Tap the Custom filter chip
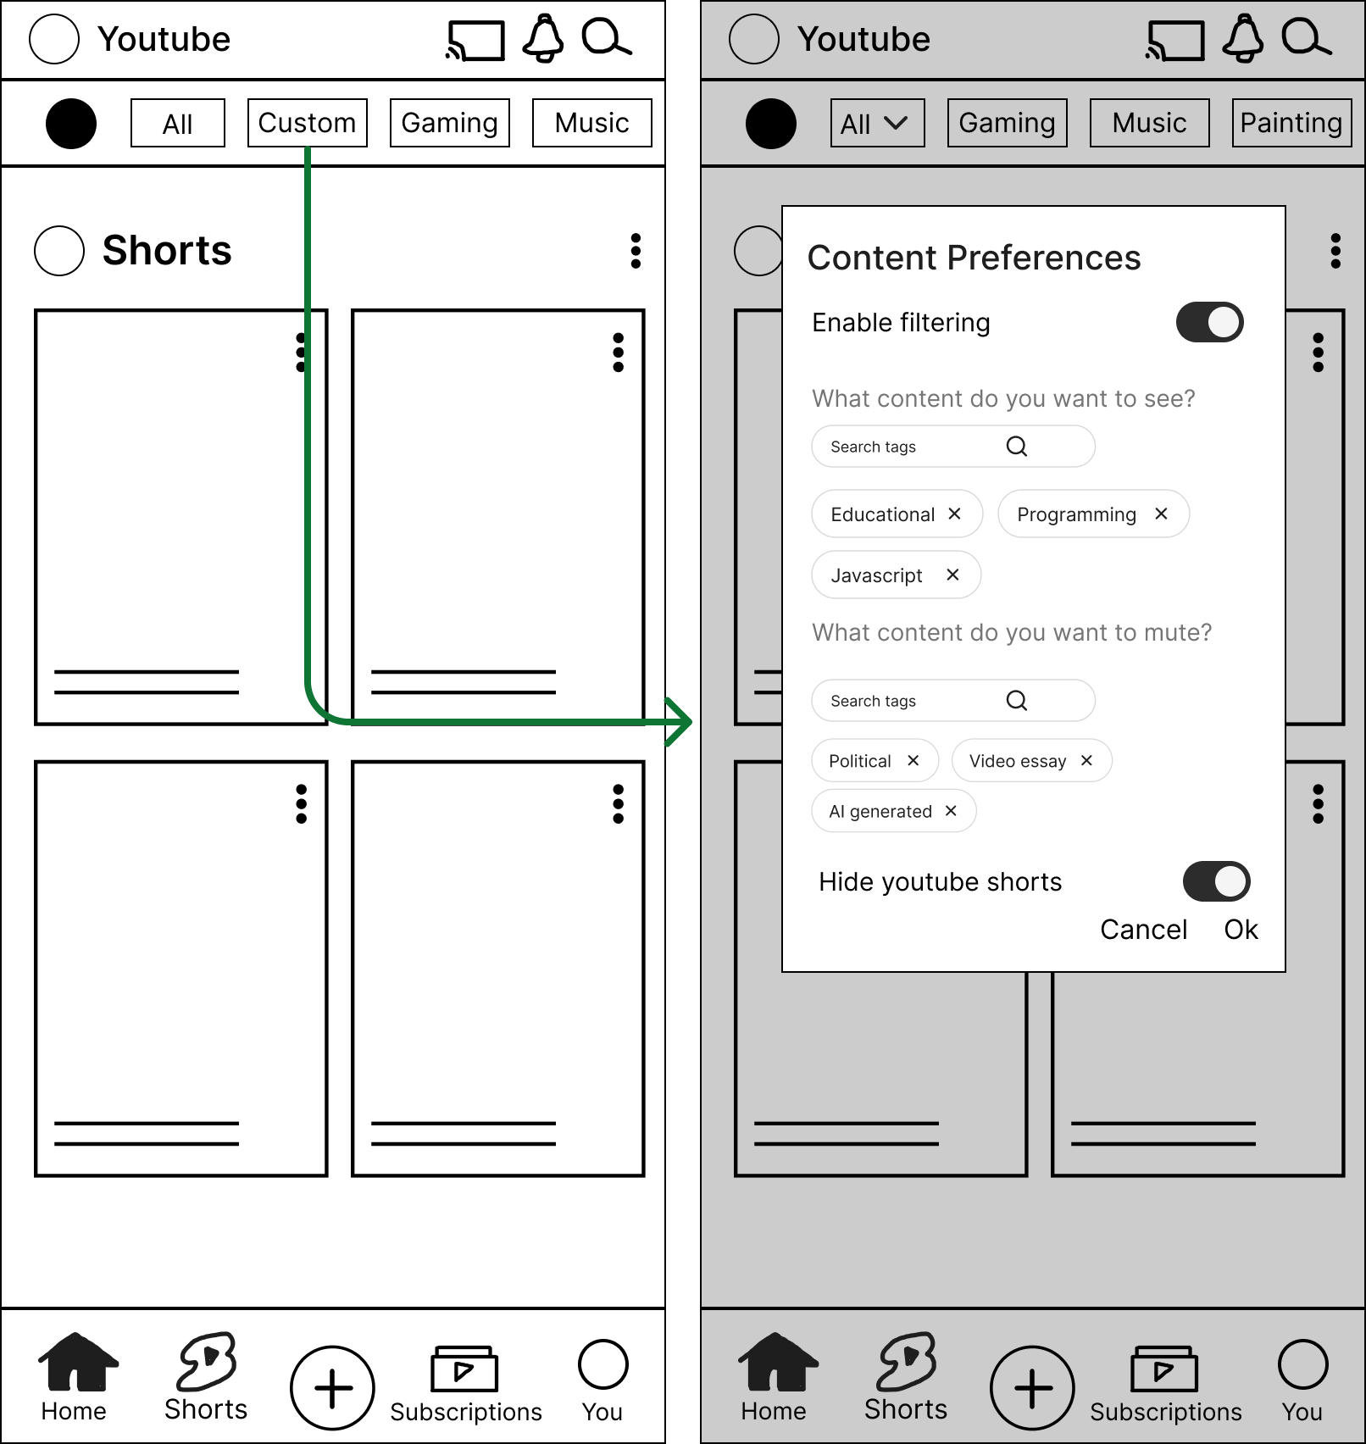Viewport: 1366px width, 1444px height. [x=307, y=123]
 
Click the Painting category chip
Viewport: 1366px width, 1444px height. [x=1291, y=123]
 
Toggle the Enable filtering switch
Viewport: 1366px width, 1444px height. [x=1209, y=322]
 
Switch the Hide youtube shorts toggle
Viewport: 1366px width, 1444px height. [x=1216, y=881]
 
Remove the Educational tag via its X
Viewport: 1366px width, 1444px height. [x=954, y=514]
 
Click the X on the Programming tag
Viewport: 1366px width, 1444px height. [x=1161, y=514]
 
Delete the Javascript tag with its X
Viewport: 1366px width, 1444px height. [x=952, y=575]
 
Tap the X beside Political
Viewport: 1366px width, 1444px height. [x=913, y=760]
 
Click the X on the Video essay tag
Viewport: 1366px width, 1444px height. [x=1086, y=760]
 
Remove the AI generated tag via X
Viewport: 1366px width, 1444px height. [x=951, y=811]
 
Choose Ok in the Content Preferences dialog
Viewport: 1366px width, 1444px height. [x=1241, y=930]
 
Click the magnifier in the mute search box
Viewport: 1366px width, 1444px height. [x=1017, y=700]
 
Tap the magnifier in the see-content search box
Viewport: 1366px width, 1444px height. [x=1017, y=446]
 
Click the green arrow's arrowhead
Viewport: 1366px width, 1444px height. [x=680, y=722]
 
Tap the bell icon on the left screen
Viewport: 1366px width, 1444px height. [x=543, y=38]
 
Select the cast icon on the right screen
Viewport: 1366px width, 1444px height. [x=1174, y=41]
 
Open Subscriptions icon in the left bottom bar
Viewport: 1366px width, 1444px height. [x=464, y=1368]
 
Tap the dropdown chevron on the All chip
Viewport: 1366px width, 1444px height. [x=896, y=123]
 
